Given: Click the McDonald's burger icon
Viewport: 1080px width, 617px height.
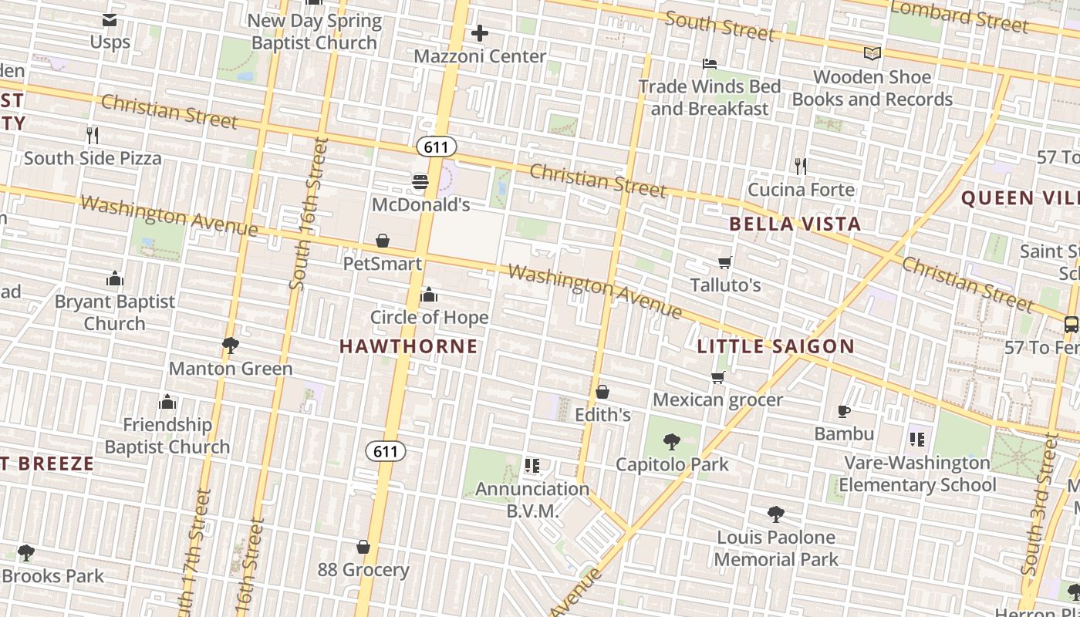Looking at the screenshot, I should coord(420,182).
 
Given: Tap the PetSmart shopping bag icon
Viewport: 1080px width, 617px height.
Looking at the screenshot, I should coord(383,241).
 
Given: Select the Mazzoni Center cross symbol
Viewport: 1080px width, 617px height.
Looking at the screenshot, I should coord(480,33).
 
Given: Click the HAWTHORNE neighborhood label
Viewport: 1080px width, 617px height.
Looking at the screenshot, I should coord(409,346).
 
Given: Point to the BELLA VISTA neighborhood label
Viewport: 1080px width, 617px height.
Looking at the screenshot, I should coord(795,224).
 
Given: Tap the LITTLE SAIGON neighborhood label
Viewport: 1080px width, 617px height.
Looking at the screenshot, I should coord(775,346).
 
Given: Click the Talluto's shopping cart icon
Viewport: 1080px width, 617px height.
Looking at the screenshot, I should coord(725,263).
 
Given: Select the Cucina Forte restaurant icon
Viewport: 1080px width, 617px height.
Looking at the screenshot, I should coord(801,166).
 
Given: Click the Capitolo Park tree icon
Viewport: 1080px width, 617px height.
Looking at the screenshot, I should coord(672,442).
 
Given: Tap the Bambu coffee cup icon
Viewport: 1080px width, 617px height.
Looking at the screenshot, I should coord(844,412).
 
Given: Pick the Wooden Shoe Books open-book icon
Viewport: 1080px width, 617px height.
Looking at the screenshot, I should coord(872,54).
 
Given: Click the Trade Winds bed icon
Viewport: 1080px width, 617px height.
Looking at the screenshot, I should coord(710,64).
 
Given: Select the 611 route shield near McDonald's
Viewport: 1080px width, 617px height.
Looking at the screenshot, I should coord(436,147).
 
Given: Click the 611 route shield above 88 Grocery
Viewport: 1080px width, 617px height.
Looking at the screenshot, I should coord(385,451).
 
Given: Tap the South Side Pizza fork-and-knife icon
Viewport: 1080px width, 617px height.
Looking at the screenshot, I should coord(93,136).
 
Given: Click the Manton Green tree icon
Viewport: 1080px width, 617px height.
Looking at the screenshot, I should coord(230,345).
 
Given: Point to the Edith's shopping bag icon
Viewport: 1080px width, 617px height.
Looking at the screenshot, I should coord(602,393).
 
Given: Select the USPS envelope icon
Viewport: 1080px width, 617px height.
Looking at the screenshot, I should coord(110,20).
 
